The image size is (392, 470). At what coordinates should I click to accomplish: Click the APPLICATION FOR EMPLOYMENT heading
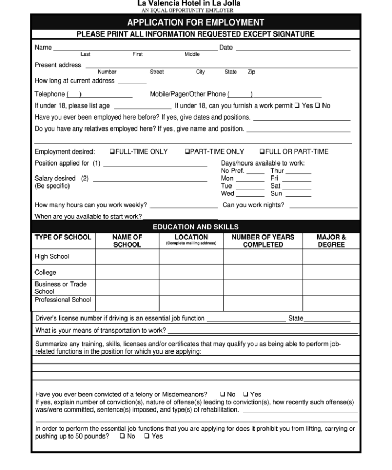(195, 22)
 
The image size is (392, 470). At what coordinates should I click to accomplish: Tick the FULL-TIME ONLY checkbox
(112, 152)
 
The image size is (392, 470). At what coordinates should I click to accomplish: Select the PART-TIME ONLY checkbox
(187, 152)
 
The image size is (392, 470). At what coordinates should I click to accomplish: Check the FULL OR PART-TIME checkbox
(262, 152)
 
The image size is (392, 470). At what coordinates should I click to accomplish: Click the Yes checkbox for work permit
(297, 106)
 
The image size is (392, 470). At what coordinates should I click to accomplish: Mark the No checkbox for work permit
(317, 106)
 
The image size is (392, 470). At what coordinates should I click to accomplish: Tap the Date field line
(293, 48)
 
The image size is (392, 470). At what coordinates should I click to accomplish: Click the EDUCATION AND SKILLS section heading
(195, 227)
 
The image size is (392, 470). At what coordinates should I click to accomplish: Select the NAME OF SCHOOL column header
(127, 241)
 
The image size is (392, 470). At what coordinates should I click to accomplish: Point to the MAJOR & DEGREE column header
(331, 241)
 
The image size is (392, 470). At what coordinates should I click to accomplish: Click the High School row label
(52, 257)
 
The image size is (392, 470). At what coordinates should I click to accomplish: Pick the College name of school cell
(127, 272)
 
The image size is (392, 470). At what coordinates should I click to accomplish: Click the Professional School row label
(63, 300)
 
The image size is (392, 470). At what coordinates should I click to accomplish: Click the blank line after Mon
(250, 179)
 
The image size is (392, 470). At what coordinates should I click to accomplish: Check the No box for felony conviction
(223, 394)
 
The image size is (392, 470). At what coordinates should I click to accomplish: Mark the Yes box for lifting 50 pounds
(147, 436)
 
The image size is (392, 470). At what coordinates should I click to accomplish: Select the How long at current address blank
(132, 81)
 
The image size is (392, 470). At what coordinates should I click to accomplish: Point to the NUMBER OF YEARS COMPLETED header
(263, 241)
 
